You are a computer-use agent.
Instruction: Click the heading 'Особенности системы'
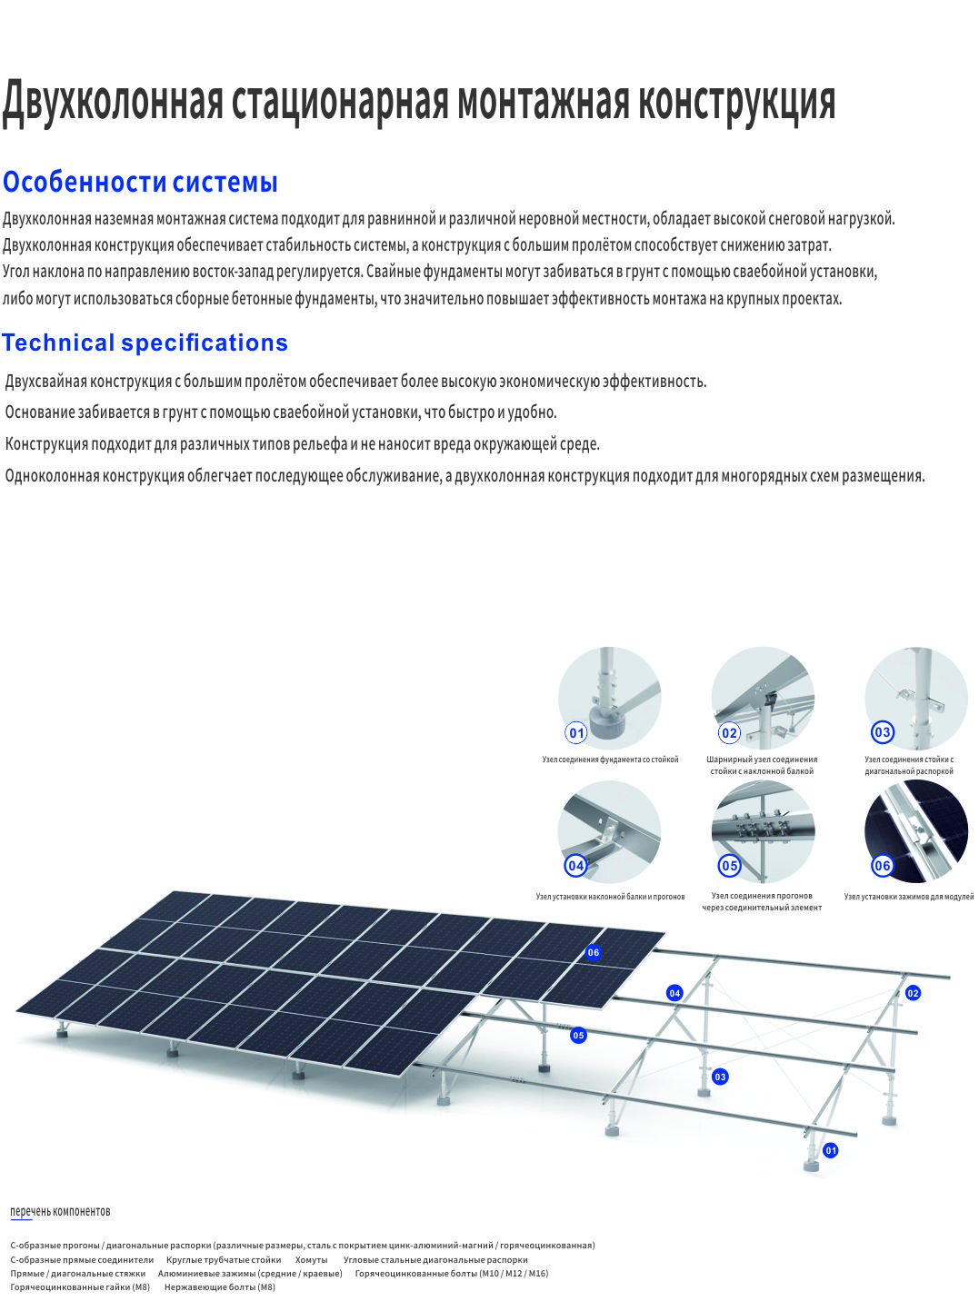(x=140, y=182)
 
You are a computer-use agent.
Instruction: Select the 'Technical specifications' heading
(x=145, y=343)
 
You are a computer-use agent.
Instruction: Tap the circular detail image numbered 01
(x=609, y=698)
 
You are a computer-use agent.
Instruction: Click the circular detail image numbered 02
(x=763, y=698)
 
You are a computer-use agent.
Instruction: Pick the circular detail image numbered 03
(x=916, y=698)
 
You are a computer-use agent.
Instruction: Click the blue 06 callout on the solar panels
(x=593, y=952)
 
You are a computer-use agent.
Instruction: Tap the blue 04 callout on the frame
(x=674, y=993)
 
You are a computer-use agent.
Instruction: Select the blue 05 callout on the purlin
(x=577, y=1035)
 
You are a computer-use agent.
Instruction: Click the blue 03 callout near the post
(x=720, y=1077)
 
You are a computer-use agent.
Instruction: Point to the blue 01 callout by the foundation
(x=830, y=1150)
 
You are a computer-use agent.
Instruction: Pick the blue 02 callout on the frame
(x=913, y=993)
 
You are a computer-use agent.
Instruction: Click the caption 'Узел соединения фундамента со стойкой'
(x=610, y=760)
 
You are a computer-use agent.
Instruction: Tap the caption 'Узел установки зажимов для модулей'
(x=908, y=897)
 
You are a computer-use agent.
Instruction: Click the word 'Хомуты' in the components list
(x=311, y=1259)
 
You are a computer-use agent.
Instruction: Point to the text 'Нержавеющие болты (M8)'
(x=220, y=1287)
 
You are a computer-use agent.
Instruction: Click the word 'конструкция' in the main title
(x=736, y=103)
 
